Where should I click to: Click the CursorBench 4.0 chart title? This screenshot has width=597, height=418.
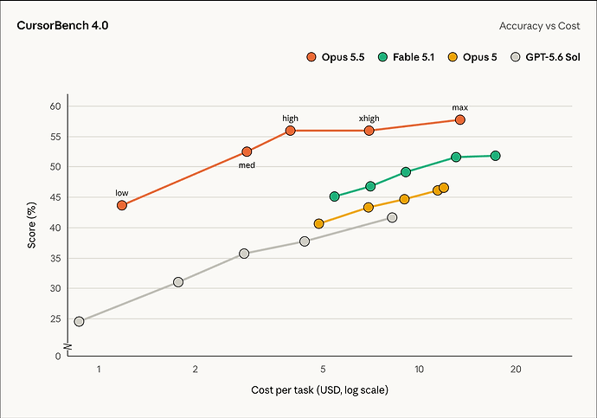62,25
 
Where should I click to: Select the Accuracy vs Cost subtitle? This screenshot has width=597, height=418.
540,26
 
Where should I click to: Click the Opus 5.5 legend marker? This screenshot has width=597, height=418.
311,57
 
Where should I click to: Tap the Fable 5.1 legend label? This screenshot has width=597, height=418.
414,57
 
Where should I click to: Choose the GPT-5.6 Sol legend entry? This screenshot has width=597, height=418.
545,57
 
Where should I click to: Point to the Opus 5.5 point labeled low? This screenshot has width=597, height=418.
122,205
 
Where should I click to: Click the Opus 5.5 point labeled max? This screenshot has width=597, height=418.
460,120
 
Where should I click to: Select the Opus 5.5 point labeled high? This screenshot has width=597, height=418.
290,131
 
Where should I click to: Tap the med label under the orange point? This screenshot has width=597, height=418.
247,165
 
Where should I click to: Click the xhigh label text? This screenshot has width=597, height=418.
369,119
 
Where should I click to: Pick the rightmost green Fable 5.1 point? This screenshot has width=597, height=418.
496,156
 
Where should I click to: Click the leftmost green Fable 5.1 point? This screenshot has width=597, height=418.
334,196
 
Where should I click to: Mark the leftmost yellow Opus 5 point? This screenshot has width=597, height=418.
319,223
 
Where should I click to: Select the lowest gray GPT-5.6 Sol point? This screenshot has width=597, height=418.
79,321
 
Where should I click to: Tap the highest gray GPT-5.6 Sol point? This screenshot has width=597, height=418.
392,217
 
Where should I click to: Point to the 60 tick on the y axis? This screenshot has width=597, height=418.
55,106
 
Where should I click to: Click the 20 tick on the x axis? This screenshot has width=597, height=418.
516,369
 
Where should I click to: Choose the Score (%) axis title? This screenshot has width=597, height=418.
32,225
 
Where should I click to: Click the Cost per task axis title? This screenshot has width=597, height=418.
319,390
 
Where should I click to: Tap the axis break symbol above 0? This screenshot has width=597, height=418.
67,347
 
